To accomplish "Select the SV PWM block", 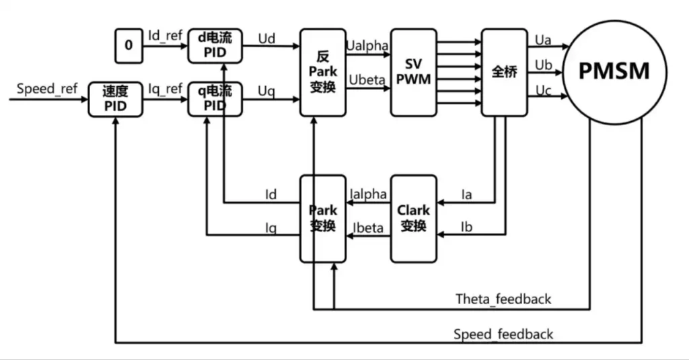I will (413, 73).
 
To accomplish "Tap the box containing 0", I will (128, 46).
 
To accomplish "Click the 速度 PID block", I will (115, 100).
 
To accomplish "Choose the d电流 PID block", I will (213, 46).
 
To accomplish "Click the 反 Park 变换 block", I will (322, 71).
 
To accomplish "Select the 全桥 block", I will (504, 71).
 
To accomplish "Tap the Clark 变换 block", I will (413, 218).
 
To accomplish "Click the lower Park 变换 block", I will (322, 218).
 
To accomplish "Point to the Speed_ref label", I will (47, 89).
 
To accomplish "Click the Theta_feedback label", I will (503, 299).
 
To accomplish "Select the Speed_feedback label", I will (503, 334).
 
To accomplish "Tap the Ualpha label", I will (367, 45).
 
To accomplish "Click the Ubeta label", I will (367, 80).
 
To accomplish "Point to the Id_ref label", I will (166, 35).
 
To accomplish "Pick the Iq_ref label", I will (166, 89).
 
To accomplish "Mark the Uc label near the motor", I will (543, 90).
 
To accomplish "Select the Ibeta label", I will (368, 227).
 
